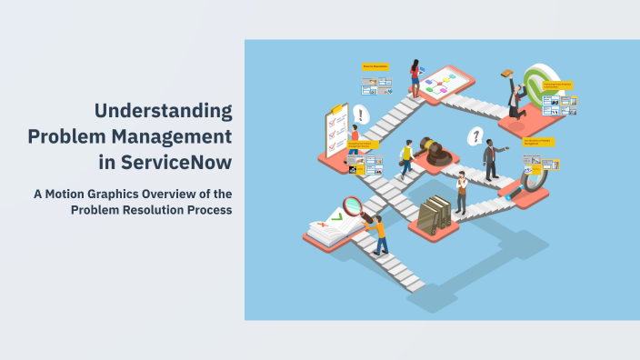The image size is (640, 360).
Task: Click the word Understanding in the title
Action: coord(164,112)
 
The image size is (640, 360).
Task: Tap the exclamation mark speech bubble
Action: coord(362,115)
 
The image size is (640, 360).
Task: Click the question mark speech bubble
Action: coord(474,137)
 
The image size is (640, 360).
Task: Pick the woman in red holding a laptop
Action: coord(415,78)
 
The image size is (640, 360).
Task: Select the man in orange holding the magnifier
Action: coord(377,232)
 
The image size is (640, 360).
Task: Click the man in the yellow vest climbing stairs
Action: coord(406,159)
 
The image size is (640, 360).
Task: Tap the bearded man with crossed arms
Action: coord(461,192)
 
